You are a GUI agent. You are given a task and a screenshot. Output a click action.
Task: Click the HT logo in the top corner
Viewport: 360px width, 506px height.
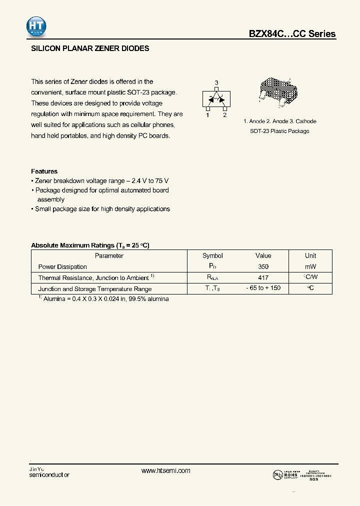coord(36,26)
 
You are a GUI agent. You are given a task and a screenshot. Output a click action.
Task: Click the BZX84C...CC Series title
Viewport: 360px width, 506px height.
coord(292,34)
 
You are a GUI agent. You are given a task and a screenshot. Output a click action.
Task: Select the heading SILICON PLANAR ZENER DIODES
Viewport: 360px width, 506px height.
coord(90,49)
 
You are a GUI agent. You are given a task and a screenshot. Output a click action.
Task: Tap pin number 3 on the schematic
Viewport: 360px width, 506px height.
coord(216,82)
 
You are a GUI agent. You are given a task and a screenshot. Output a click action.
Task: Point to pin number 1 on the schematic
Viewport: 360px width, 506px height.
coord(207,115)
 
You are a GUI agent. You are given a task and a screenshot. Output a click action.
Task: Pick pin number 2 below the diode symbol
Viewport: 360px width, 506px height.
coord(225,115)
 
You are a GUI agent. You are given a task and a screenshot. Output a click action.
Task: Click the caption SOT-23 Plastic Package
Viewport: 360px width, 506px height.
coord(279,131)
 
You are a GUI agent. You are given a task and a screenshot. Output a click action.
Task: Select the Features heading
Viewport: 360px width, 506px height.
coord(44,171)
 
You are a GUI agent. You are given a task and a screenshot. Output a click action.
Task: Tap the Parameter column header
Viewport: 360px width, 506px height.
coord(109,255)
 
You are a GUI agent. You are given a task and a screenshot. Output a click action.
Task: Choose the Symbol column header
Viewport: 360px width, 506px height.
coord(212,255)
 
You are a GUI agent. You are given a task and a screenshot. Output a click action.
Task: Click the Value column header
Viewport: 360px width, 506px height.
coord(263,255)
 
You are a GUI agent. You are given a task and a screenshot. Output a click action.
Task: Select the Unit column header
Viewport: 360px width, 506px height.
coord(310,255)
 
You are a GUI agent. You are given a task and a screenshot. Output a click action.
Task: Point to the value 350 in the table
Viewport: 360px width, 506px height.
coord(263,267)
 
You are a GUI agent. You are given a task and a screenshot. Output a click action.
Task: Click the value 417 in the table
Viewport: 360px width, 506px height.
coord(263,277)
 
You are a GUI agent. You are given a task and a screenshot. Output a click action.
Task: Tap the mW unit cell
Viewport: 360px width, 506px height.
coord(310,267)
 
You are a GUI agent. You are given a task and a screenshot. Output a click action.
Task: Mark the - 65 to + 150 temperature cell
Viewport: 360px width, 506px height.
coord(263,288)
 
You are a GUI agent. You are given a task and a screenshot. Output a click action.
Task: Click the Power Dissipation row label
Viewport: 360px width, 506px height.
coord(62,267)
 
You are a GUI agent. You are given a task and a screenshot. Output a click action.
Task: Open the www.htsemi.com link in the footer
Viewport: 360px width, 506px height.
coord(166,471)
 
